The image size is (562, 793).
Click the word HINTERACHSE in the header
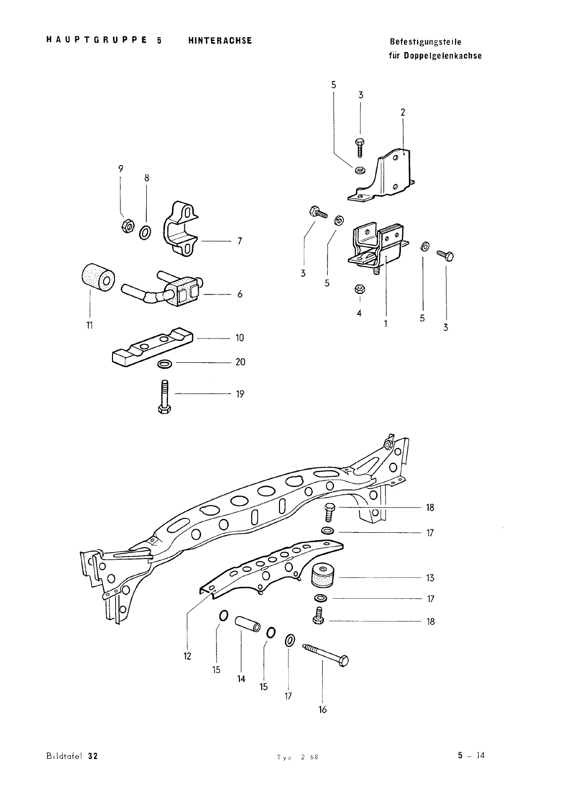[220, 41]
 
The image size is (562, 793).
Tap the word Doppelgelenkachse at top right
[443, 56]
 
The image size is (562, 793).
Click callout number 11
[90, 325]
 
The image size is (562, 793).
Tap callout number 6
[240, 294]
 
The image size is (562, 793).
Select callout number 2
[403, 113]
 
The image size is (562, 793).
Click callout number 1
[385, 324]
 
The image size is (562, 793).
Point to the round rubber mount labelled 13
[324, 576]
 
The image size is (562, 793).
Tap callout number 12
[187, 657]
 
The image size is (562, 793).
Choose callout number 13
[430, 578]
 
